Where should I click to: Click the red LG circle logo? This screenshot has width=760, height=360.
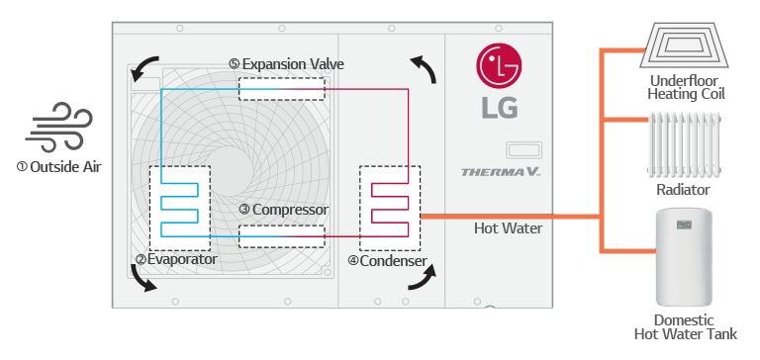point(498,65)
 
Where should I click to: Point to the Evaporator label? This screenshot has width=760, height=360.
point(177,259)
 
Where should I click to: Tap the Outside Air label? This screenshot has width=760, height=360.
point(58,166)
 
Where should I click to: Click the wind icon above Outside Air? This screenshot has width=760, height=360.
point(58,131)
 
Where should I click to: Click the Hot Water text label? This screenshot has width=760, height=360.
point(507,228)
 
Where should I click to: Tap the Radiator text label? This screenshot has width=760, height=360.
point(683,189)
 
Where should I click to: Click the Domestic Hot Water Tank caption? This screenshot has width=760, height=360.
point(684,328)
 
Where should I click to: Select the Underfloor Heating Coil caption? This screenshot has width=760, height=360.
point(687,87)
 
